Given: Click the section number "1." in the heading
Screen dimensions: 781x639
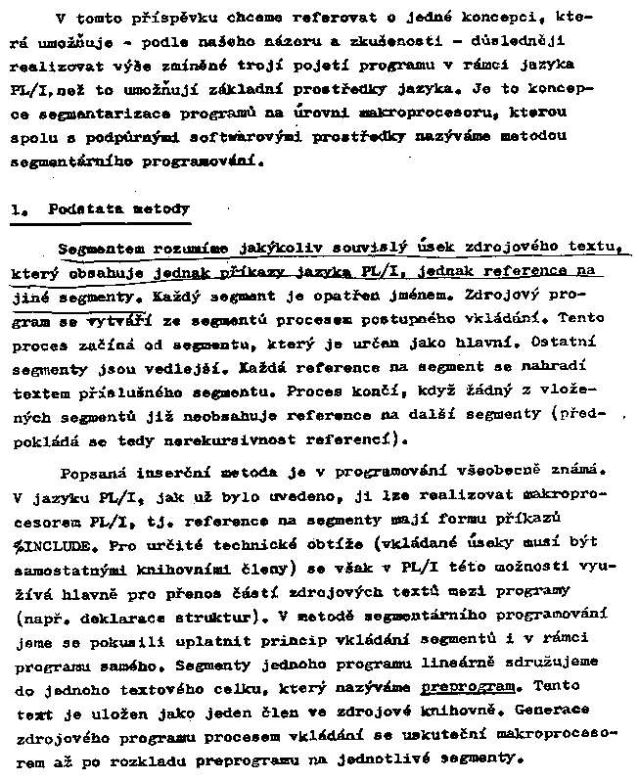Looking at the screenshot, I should point(18,209).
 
